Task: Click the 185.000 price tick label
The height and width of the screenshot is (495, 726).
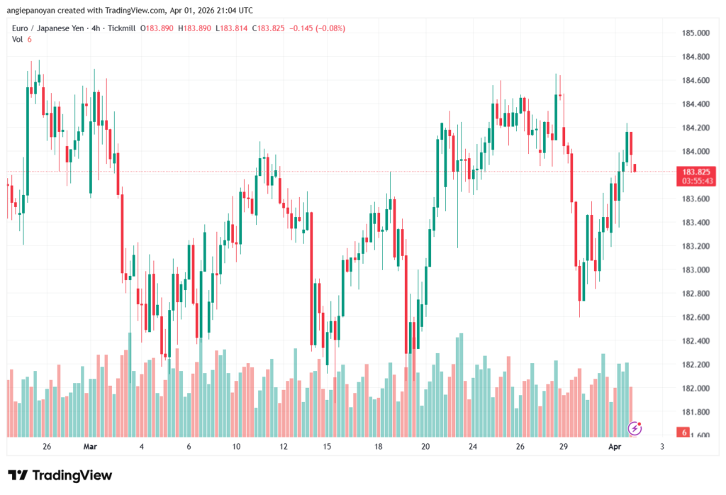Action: click(x=696, y=33)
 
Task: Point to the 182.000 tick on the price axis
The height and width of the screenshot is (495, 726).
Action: click(x=696, y=388)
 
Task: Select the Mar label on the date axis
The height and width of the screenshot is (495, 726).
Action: click(x=89, y=446)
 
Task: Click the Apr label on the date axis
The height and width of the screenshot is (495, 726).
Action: click(x=616, y=446)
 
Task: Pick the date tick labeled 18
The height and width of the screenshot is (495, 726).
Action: click(x=379, y=446)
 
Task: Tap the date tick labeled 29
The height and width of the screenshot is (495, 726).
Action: click(x=563, y=446)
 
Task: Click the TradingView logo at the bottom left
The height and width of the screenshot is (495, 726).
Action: click(x=60, y=475)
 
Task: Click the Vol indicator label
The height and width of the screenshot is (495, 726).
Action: click(x=18, y=39)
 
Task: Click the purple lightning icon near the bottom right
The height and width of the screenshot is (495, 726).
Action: click(x=635, y=428)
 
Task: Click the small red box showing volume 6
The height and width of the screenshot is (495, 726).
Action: click(x=683, y=432)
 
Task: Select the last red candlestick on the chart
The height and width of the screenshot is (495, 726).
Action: click(x=636, y=167)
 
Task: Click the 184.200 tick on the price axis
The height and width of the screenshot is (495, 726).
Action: click(x=696, y=128)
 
